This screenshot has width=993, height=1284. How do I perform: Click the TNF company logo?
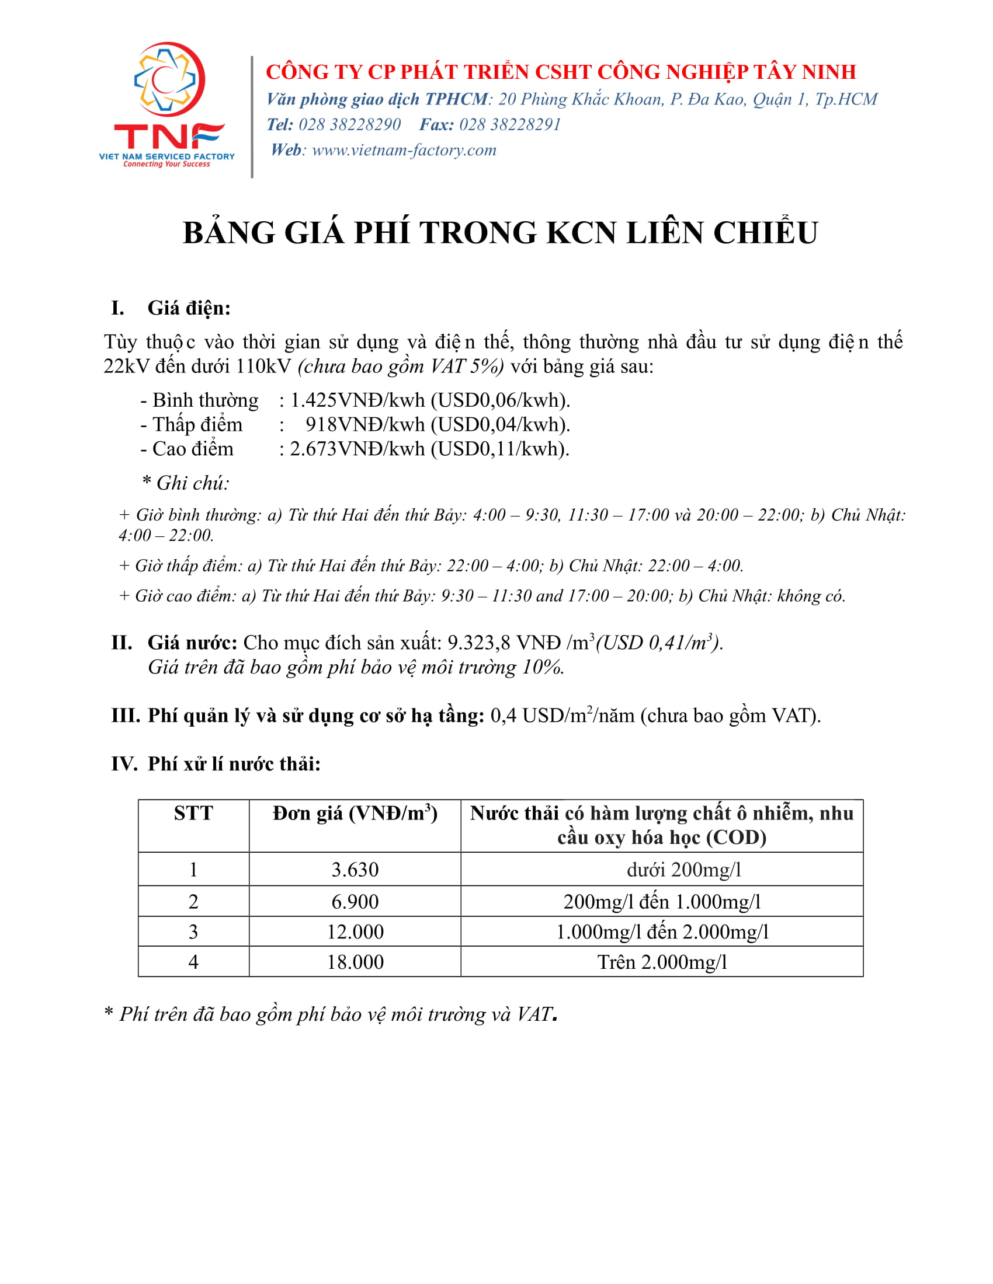pyautogui.click(x=167, y=104)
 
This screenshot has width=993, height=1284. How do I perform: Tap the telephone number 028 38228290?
pyautogui.click(x=349, y=125)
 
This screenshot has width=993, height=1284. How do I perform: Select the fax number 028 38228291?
pyautogui.click(x=509, y=125)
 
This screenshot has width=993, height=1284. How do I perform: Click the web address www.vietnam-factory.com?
pyautogui.click(x=404, y=150)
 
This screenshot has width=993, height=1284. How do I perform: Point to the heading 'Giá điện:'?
pyautogui.click(x=189, y=308)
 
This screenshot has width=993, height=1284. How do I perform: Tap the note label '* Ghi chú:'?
pyautogui.click(x=186, y=483)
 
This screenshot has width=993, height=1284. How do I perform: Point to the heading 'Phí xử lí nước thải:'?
pyautogui.click(x=234, y=764)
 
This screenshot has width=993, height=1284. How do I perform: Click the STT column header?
pyautogui.click(x=193, y=814)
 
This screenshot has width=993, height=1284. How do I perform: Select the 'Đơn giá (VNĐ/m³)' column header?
pyautogui.click(x=355, y=814)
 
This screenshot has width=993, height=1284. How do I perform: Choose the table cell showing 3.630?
pyautogui.click(x=355, y=870)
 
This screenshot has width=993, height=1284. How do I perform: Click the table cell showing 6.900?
pyautogui.click(x=355, y=902)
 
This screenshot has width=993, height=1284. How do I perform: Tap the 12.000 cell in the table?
pyautogui.click(x=355, y=932)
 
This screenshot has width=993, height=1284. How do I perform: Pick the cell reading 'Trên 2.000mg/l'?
pyautogui.click(x=662, y=962)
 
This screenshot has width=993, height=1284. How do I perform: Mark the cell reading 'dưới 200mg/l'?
pyautogui.click(x=683, y=870)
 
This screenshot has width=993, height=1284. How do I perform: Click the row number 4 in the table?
pyautogui.click(x=193, y=962)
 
